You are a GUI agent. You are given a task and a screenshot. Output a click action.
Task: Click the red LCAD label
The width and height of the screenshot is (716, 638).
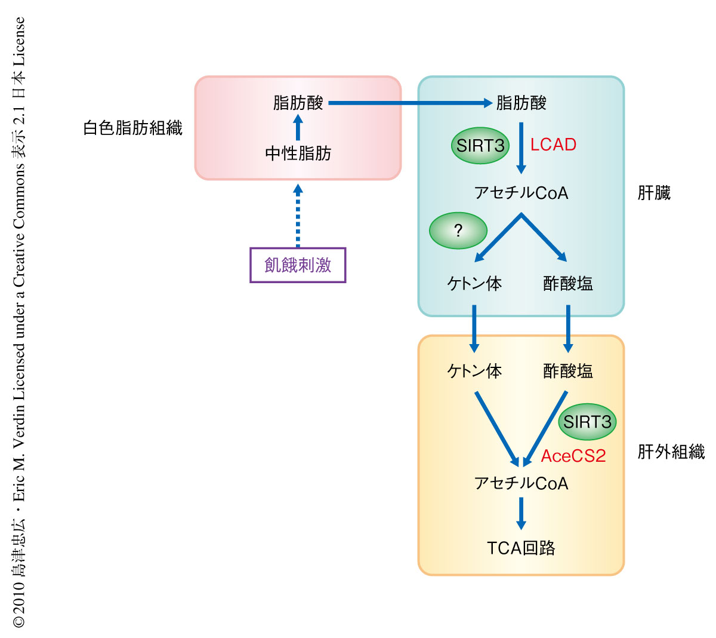[x=553, y=145]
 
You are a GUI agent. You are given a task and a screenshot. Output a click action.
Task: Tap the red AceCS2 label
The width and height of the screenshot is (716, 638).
[x=573, y=456]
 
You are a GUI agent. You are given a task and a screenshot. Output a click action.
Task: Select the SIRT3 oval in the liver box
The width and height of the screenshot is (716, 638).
[x=480, y=146]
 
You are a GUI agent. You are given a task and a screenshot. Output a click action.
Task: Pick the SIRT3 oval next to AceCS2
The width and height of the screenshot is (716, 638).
[x=587, y=422]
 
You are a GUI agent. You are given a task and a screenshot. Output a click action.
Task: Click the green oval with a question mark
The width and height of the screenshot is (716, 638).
[x=458, y=231]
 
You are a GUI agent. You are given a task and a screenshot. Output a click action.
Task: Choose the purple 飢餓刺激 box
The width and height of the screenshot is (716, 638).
[x=298, y=265]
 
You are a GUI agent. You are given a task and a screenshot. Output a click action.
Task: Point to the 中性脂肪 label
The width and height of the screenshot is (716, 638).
[x=298, y=154]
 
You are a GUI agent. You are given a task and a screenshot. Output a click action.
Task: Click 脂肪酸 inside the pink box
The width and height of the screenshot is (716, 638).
[x=298, y=103]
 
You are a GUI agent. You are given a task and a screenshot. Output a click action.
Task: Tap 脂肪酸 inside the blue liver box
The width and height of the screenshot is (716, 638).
[x=521, y=103]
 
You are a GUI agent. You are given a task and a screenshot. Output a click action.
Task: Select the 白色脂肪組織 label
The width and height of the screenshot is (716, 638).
[x=132, y=128]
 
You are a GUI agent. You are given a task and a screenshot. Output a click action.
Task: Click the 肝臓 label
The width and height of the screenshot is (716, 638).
[x=654, y=193]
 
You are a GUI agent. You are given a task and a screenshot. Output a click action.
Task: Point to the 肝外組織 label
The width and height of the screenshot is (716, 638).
[x=671, y=452]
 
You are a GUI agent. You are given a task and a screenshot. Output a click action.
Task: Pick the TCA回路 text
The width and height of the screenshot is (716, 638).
[x=521, y=548]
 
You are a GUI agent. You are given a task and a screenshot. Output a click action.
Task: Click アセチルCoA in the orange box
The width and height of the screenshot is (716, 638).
[x=521, y=483]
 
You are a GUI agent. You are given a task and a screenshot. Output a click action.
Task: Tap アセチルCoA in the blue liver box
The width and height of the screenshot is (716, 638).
[x=521, y=193]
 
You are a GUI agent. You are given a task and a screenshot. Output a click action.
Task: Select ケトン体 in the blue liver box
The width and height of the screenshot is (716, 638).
[x=474, y=283]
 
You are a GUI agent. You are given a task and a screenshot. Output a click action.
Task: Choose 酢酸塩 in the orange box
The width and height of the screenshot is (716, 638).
[x=568, y=371]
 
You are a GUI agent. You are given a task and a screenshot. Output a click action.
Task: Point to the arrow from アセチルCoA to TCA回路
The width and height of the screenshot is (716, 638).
[x=521, y=513]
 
